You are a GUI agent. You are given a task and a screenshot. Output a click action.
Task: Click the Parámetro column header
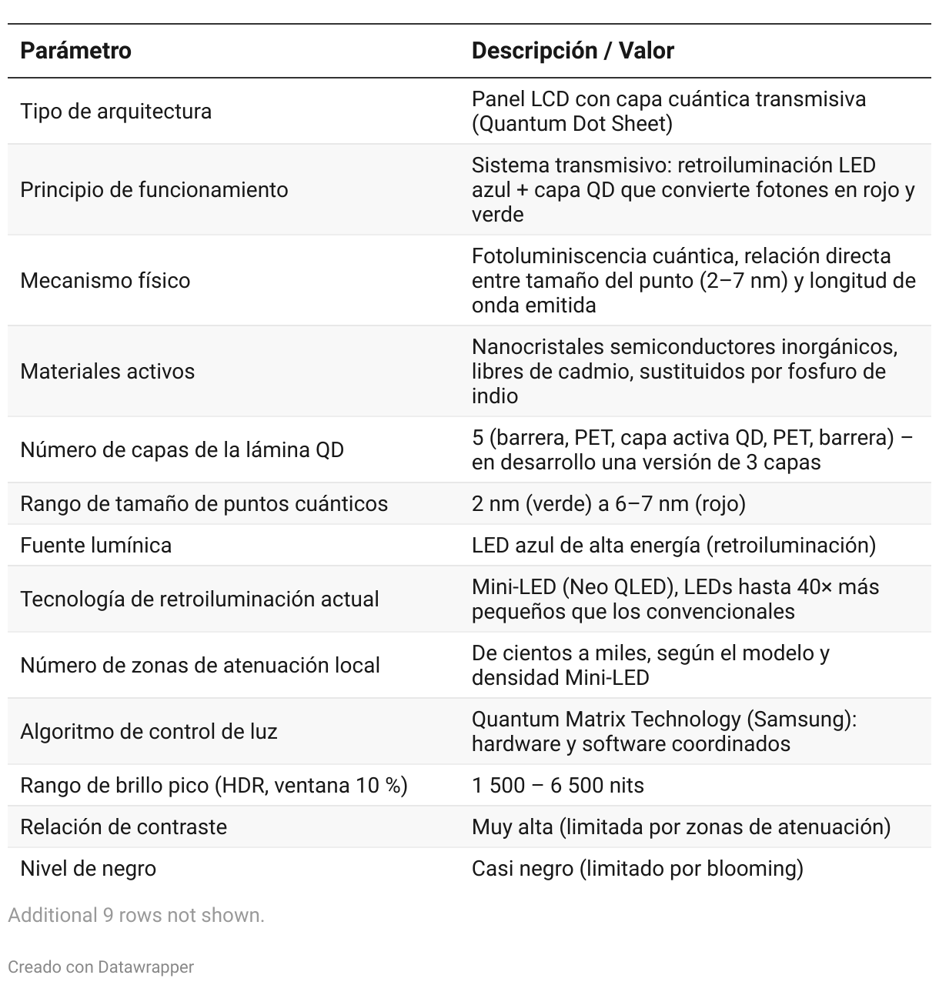pyautogui.click(x=75, y=51)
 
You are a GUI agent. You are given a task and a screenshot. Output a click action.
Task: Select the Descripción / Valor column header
pyautogui.click(x=573, y=51)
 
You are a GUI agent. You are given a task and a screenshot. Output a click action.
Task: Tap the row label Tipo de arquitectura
pyautogui.click(x=115, y=111)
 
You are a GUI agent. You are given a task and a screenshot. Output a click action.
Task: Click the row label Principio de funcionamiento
pyautogui.click(x=154, y=189)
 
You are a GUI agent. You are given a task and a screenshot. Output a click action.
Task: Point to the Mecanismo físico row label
pyautogui.click(x=105, y=280)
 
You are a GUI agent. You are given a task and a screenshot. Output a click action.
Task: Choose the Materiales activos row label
pyautogui.click(x=107, y=371)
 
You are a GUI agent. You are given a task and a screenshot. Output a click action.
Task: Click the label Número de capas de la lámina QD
pyautogui.click(x=182, y=449)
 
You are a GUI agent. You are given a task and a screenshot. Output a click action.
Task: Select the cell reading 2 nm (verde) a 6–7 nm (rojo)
pyautogui.click(x=608, y=503)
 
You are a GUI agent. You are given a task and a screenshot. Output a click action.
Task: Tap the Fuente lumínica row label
pyautogui.click(x=95, y=545)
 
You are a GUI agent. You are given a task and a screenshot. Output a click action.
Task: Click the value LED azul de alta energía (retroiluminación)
pyautogui.click(x=673, y=545)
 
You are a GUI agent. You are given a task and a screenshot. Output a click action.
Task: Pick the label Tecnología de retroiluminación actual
pyautogui.click(x=199, y=599)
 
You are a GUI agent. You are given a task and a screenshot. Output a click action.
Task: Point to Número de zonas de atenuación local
pyautogui.click(x=199, y=665)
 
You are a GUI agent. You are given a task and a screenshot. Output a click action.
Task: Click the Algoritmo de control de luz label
pyautogui.click(x=149, y=731)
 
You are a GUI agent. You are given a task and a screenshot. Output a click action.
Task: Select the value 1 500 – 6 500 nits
pyautogui.click(x=557, y=785)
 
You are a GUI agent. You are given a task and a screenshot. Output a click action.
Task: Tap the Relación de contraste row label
pyautogui.click(x=123, y=826)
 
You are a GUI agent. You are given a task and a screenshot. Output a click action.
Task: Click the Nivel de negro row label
pyautogui.click(x=88, y=868)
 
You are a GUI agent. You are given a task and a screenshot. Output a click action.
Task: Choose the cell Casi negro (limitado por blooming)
pyautogui.click(x=637, y=868)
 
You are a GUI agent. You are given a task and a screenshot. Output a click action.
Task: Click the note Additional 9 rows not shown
pyautogui.click(x=136, y=915)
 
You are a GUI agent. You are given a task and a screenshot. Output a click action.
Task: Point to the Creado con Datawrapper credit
pyautogui.click(x=101, y=967)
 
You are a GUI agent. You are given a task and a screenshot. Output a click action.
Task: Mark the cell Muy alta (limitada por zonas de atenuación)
pyautogui.click(x=680, y=826)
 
